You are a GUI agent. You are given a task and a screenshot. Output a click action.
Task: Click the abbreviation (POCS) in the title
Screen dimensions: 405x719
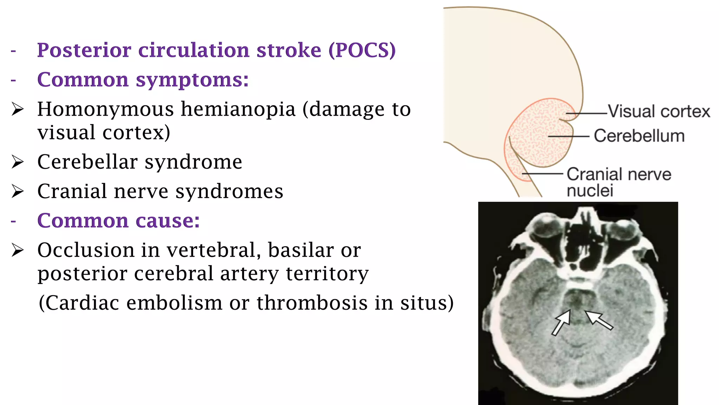(x=362, y=50)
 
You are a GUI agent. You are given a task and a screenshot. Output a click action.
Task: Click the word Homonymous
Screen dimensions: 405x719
(x=105, y=109)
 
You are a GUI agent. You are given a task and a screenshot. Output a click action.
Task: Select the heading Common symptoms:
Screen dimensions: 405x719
(x=143, y=80)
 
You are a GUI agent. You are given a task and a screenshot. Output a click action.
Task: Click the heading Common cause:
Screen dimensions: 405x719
(x=118, y=221)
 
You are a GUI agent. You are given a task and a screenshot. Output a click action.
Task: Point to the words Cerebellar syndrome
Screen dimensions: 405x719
(x=140, y=162)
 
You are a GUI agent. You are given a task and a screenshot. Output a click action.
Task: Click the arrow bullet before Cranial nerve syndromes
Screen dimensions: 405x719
(x=18, y=192)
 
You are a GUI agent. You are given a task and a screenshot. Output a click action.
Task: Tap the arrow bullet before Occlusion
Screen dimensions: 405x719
(x=18, y=250)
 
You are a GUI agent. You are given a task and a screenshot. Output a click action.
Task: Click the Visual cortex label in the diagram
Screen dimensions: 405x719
(x=659, y=111)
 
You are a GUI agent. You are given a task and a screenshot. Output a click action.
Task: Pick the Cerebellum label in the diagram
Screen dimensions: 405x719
(x=639, y=136)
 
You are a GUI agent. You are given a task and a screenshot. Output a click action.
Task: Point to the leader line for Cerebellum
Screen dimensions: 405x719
(x=569, y=136)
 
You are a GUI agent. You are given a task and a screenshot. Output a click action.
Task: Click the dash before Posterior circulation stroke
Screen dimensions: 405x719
(x=13, y=51)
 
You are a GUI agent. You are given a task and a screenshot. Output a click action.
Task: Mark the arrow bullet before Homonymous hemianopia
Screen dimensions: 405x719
(x=18, y=109)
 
